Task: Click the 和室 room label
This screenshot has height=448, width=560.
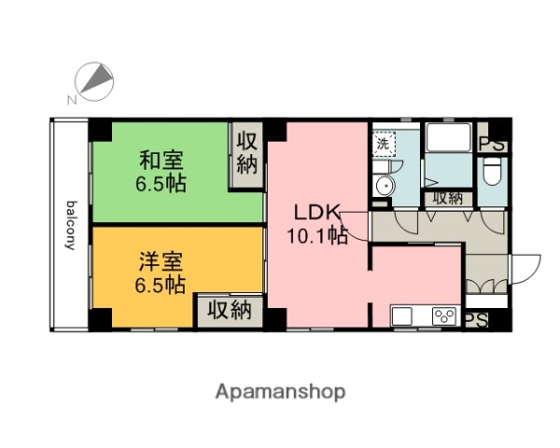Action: click(162, 158)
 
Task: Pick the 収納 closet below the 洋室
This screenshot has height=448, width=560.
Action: click(229, 310)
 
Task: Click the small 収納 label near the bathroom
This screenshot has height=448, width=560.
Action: click(446, 198)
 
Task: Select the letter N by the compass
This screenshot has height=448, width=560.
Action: click(72, 100)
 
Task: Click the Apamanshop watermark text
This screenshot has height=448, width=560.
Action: click(281, 391)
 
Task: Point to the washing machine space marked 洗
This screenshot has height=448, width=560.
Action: click(383, 145)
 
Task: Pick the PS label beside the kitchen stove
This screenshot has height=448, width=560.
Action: click(476, 317)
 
